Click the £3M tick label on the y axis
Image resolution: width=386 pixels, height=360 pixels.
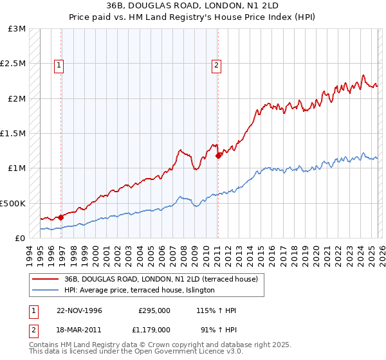tap(17, 29)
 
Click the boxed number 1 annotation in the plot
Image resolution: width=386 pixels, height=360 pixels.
tap(59, 64)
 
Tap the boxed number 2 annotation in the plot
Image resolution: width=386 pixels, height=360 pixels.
tap(216, 64)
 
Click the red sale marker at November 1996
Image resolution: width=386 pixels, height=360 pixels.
tap(61, 217)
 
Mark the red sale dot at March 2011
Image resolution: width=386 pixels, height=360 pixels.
tap(218, 155)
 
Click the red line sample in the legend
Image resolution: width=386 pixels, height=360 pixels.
tap(46, 279)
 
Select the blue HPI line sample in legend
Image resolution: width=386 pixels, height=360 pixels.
tap(46, 291)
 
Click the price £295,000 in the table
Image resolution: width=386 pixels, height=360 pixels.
tap(154, 310)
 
